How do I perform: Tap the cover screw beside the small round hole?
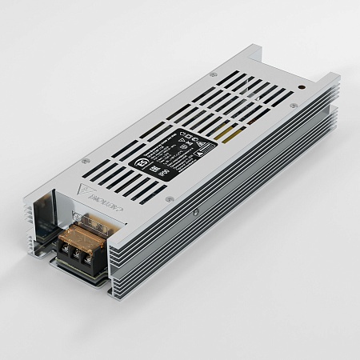click(x=294, y=105)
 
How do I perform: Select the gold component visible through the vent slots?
click(x=232, y=130)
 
